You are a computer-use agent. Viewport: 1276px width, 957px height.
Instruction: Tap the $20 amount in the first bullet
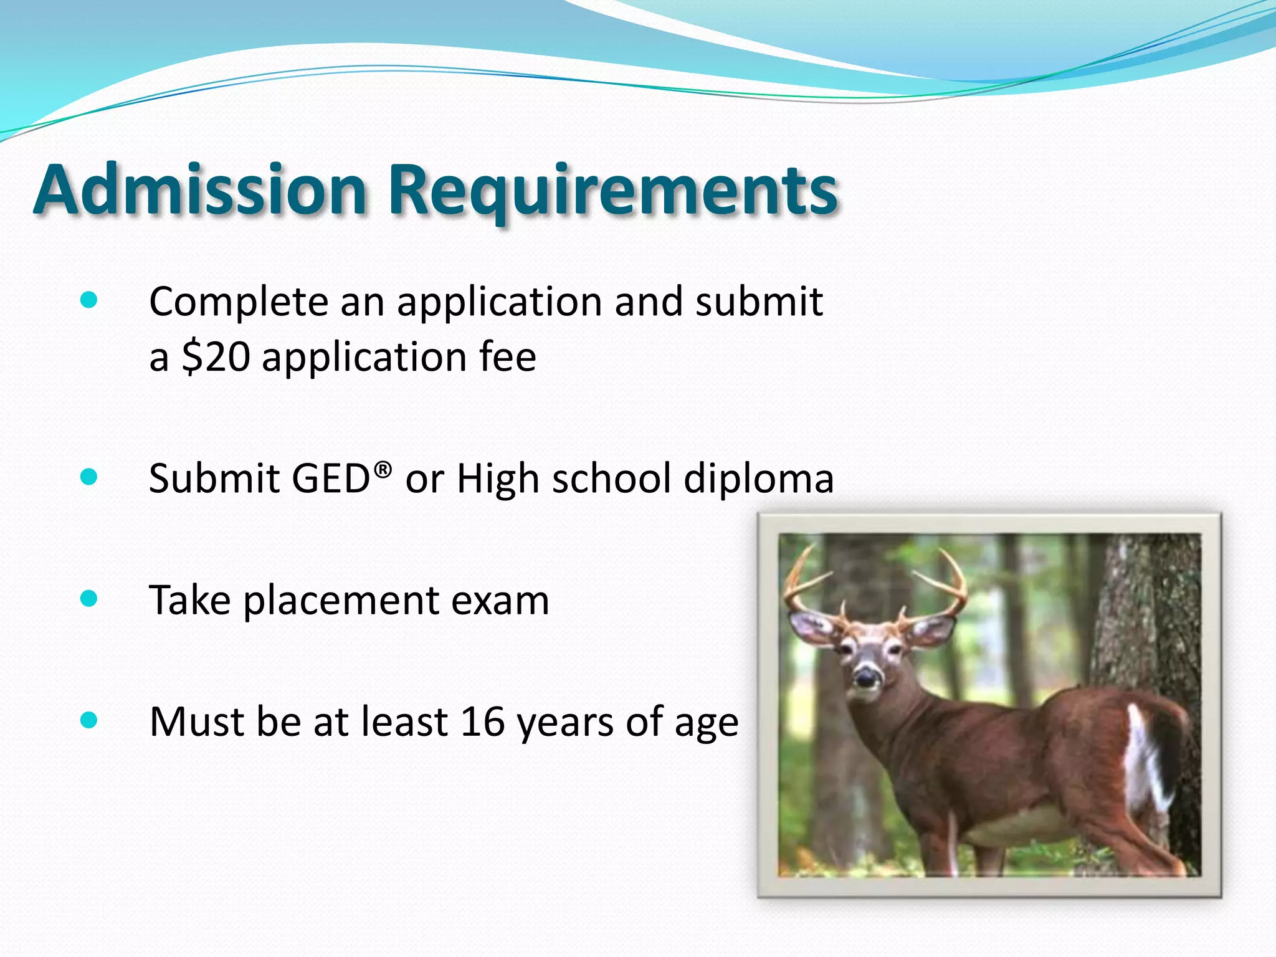216,357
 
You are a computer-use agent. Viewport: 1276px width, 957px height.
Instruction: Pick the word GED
331,478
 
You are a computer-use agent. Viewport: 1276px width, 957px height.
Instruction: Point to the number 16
482,721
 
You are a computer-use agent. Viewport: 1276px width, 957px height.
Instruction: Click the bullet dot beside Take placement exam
89,599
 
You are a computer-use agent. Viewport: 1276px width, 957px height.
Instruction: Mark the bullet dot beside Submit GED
89,477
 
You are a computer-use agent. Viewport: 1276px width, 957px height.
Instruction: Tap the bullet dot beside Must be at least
89,720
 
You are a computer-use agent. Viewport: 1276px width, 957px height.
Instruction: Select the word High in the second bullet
497,479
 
